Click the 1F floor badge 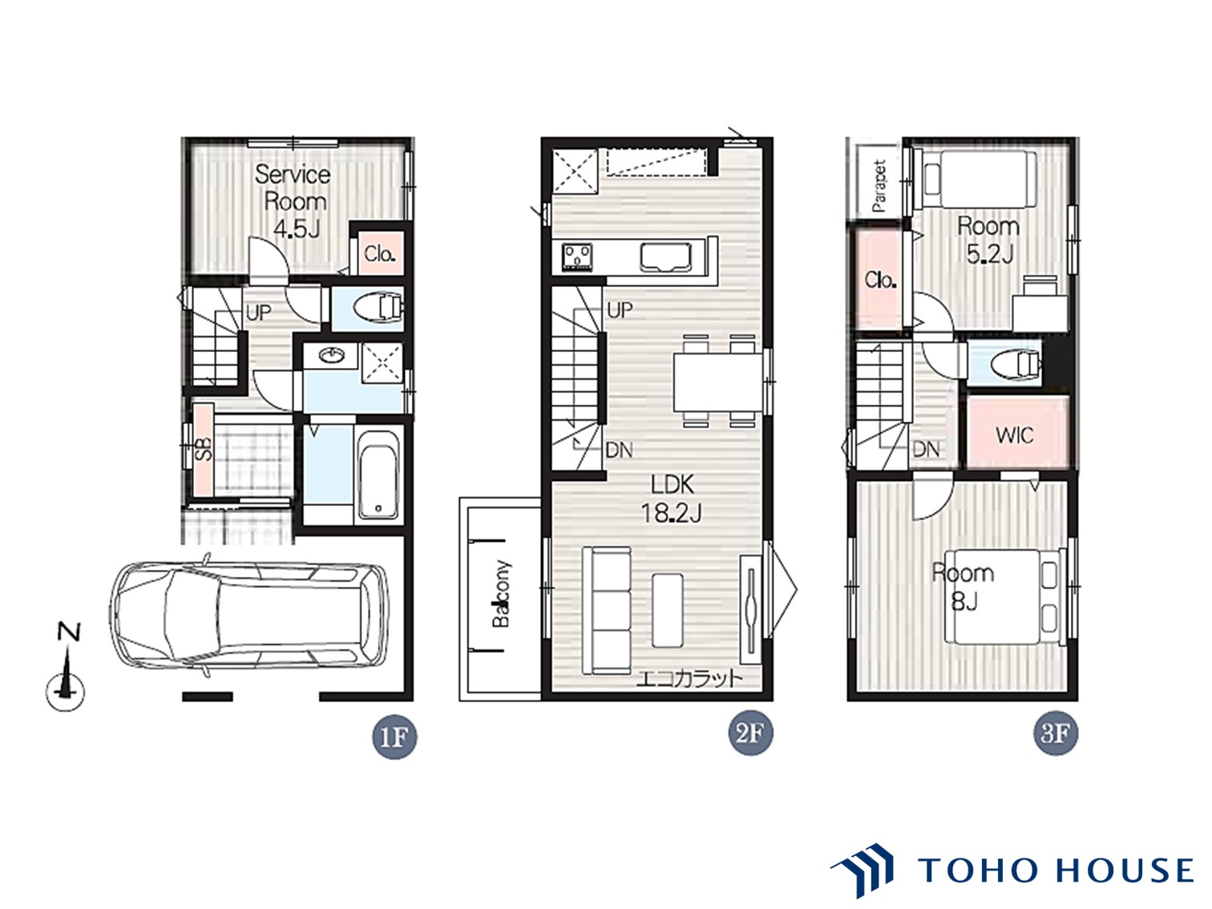(394, 737)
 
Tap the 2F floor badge (749, 733)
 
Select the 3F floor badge (1055, 733)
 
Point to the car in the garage (249, 616)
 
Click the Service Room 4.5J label (293, 201)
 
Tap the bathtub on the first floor (378, 474)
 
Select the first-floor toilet (379, 309)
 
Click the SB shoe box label (204, 449)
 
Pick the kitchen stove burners (577, 257)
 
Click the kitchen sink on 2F (666, 258)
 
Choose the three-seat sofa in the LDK (606, 609)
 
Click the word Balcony (501, 593)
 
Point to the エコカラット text (689, 678)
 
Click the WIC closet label (1015, 435)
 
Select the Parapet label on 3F (879, 186)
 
